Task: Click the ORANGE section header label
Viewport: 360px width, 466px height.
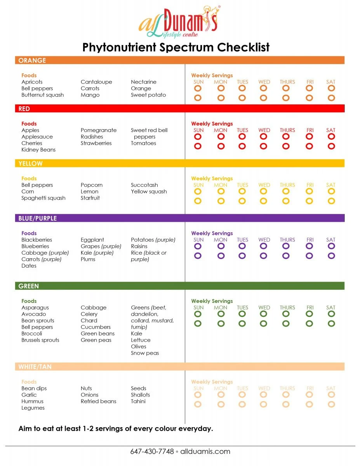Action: pyautogui.click(x=32, y=60)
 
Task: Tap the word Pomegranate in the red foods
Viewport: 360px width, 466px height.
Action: pyautogui.click(x=99, y=130)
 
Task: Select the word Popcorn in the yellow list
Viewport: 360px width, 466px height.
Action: pyautogui.click(x=92, y=185)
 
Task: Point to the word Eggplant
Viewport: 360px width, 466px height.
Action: pyautogui.click(x=92, y=240)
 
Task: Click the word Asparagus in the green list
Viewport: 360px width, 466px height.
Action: pyautogui.click(x=35, y=308)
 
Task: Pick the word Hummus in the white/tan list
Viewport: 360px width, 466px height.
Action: pyautogui.click(x=32, y=401)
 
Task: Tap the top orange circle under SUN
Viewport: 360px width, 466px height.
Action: pyautogui.click(x=198, y=88)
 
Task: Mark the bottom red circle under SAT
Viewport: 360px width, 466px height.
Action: pyautogui.click(x=331, y=146)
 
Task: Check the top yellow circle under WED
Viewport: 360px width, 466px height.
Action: pyautogui.click(x=264, y=191)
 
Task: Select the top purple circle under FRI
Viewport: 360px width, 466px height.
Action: pyautogui.click(x=310, y=246)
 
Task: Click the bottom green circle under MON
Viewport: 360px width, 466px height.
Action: pyautogui.click(x=221, y=323)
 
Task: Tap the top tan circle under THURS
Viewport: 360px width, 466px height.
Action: pyautogui.click(x=286, y=395)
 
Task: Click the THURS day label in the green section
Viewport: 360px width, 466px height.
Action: pyautogui.click(x=287, y=308)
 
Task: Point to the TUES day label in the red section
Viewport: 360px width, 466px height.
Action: pyautogui.click(x=242, y=130)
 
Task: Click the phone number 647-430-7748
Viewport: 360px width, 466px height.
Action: pyautogui.click(x=152, y=451)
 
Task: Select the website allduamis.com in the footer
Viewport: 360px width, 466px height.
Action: pyautogui.click(x=205, y=451)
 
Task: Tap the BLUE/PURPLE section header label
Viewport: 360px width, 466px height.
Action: pyautogui.click(x=38, y=218)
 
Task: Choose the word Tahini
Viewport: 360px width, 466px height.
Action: pyautogui.click(x=138, y=401)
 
